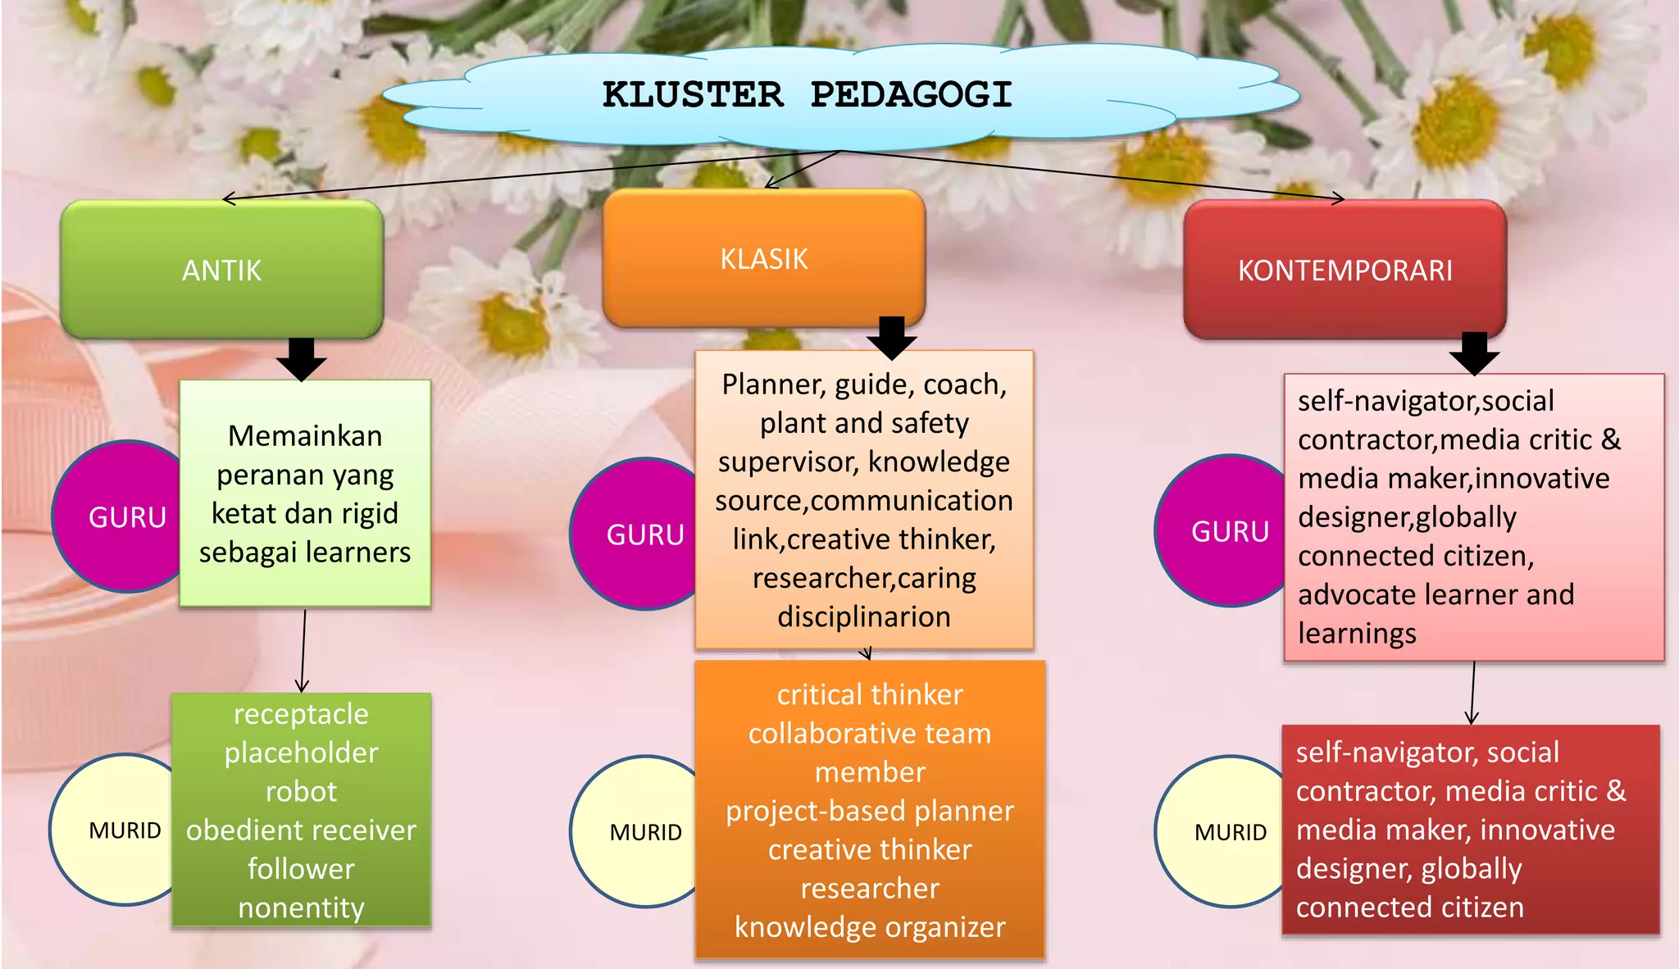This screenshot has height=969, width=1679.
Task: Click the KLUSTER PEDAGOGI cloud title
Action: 808,95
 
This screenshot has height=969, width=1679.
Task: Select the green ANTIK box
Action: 221,270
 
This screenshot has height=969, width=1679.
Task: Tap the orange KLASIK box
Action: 763,258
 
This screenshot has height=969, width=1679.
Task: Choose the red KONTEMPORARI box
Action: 1345,270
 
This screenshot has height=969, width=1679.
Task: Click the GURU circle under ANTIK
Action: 123,517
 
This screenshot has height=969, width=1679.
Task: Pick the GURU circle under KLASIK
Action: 639,535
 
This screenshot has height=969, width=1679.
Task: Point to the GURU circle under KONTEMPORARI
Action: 1226,531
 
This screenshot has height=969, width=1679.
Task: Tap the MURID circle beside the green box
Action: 119,830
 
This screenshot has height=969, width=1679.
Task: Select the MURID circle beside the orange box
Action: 639,832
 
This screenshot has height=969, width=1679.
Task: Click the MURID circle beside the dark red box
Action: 1226,832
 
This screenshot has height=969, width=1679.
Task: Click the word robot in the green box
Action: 301,791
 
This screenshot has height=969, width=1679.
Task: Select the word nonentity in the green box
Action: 301,908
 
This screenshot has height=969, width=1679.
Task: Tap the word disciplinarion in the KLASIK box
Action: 864,616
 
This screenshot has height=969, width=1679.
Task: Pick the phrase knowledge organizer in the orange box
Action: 870,927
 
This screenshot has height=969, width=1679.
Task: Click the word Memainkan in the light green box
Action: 305,436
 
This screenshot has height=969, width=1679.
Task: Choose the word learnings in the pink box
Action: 1357,634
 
